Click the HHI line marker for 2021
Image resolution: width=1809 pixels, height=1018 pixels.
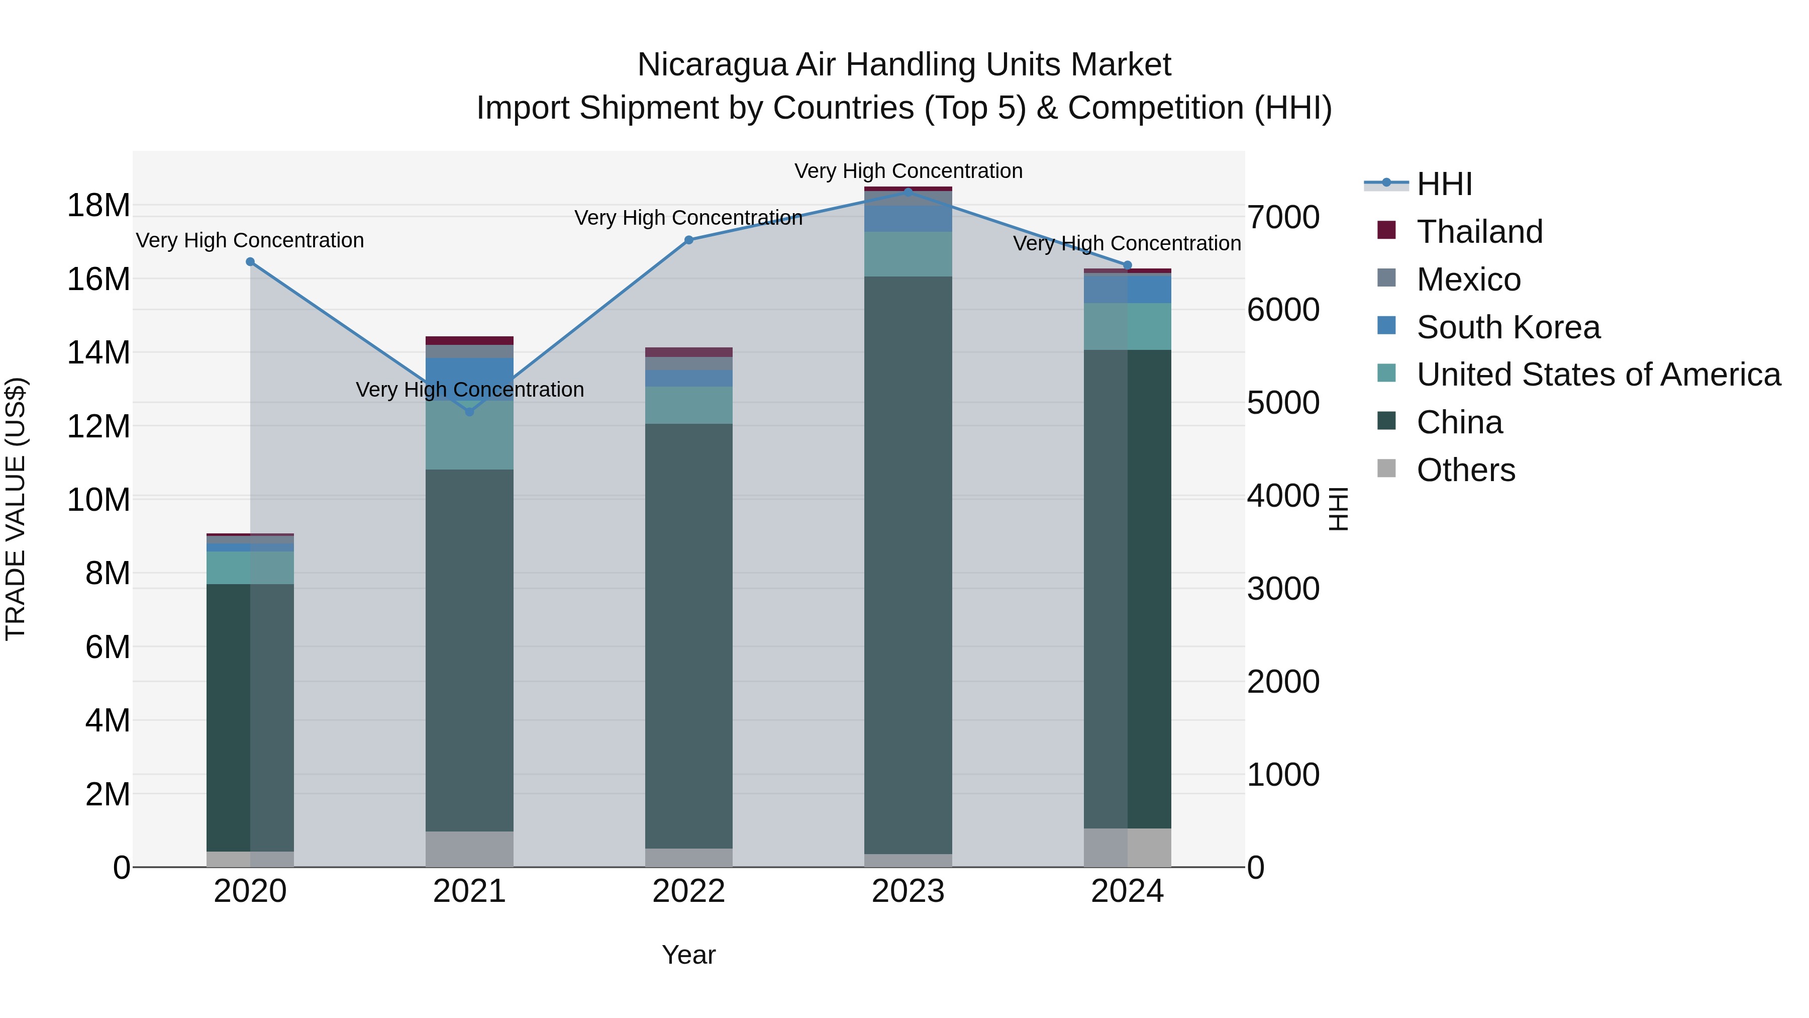470,412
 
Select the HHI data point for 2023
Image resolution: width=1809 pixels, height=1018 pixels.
908,192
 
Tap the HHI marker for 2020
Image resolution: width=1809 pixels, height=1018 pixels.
250,262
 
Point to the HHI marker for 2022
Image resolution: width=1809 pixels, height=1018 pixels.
689,240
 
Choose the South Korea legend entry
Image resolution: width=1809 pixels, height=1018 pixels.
1507,327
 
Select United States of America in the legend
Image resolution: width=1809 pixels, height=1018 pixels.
1597,375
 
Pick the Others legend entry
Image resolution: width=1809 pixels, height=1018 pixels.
1466,470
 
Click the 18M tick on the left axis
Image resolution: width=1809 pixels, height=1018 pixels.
98,206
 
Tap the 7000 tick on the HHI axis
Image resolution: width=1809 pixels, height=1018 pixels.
1283,217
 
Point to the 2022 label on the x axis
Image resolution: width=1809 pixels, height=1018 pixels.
689,891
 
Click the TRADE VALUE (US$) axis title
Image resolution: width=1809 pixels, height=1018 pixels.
16,509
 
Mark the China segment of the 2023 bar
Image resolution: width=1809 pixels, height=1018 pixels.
908,562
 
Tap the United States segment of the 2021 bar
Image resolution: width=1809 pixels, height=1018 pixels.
470,435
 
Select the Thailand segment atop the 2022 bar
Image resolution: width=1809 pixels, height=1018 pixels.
689,352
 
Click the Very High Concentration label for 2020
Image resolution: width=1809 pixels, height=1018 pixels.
250,240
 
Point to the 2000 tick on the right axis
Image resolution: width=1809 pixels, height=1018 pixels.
1283,682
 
